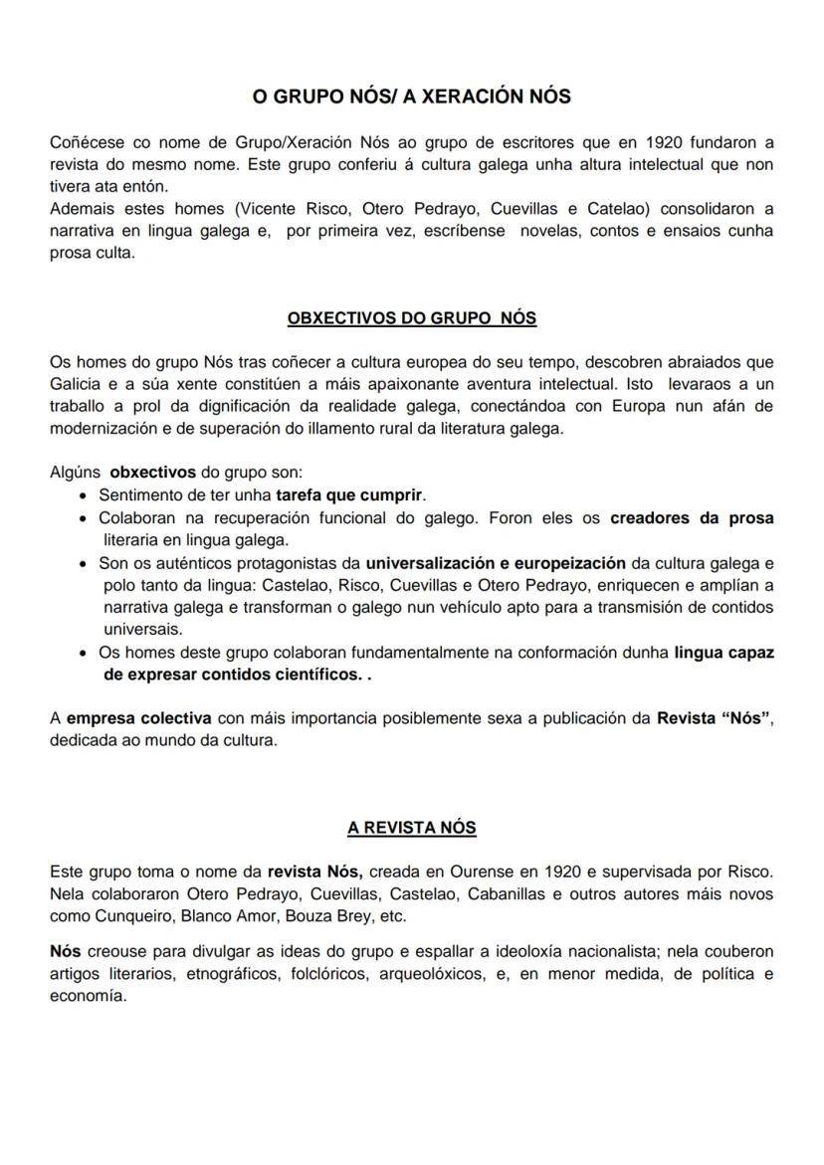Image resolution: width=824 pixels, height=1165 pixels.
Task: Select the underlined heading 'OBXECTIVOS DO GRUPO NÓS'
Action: (411, 318)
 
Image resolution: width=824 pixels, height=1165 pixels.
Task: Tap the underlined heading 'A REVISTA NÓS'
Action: (411, 827)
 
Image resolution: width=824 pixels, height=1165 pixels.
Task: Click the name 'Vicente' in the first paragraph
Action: (219, 209)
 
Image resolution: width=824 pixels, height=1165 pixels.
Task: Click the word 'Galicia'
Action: (76, 384)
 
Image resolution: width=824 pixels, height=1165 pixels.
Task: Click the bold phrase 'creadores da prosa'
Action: (692, 518)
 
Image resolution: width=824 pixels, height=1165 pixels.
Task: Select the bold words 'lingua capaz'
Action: (723, 653)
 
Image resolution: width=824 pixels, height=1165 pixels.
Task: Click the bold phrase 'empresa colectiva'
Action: (138, 718)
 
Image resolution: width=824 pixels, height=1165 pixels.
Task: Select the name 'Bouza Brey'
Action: (304, 915)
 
